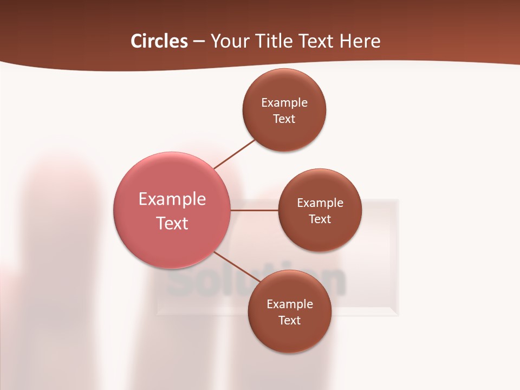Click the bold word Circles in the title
coord(159,41)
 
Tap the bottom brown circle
coord(289,336)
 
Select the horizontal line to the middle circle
coord(255,210)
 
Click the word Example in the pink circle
coord(172,199)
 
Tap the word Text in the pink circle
coord(172,223)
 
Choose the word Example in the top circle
coord(284,103)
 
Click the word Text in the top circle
coord(284,119)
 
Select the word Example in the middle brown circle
coord(320,203)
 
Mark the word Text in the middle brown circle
coord(320,219)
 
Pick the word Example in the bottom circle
coord(290,304)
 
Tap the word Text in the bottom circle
coord(290,321)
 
